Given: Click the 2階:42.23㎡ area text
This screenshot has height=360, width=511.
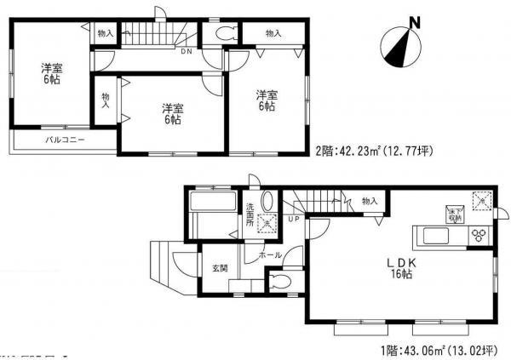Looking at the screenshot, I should click(375, 152).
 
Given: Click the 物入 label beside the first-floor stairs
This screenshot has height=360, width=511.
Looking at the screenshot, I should click(370, 201).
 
